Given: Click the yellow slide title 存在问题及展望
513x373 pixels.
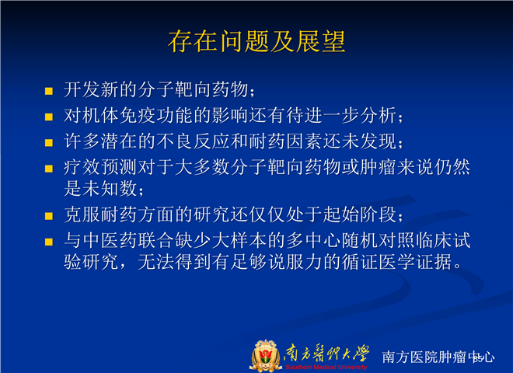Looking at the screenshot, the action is click(256, 41).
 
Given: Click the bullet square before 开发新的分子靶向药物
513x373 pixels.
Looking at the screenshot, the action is click(49, 91).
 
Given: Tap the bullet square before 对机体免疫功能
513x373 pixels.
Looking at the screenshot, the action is click(49, 117).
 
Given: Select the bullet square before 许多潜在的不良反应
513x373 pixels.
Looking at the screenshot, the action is click(49, 143).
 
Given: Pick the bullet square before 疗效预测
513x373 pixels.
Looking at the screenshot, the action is click(49, 169).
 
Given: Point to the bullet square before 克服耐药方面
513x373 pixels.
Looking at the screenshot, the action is click(49, 216).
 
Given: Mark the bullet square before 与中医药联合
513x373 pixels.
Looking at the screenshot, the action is click(49, 242).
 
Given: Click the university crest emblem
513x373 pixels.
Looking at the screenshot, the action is click(266, 356).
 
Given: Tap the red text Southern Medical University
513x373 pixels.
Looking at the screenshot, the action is click(326, 367).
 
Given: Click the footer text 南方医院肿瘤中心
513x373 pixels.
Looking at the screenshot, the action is click(438, 357).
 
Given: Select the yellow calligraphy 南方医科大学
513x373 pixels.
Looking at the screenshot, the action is click(326, 354).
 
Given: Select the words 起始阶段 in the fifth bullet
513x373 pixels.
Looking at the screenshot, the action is click(360, 214).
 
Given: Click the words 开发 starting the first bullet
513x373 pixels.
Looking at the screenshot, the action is click(82, 89).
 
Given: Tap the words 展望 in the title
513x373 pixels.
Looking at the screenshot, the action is click(320, 41).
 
